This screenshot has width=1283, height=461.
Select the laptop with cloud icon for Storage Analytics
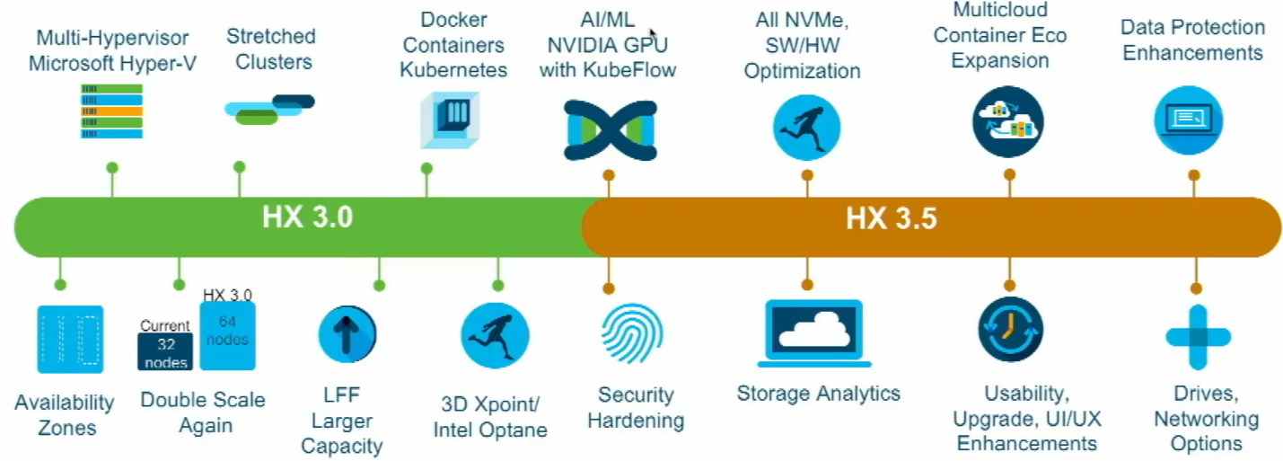coord(813,333)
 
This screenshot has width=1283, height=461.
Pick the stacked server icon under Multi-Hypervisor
coord(111,111)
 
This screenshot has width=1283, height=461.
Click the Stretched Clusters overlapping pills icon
coord(268,109)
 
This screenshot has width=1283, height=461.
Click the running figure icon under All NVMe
coord(806,127)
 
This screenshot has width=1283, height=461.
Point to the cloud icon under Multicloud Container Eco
coord(1007,122)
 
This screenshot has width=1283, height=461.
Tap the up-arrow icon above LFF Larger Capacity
coord(347,335)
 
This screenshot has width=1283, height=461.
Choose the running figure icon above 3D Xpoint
coord(495,335)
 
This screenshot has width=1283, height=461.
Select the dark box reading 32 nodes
coord(165,351)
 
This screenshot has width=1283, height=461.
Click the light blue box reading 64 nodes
coord(227,336)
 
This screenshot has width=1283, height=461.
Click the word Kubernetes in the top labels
coord(453,70)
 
